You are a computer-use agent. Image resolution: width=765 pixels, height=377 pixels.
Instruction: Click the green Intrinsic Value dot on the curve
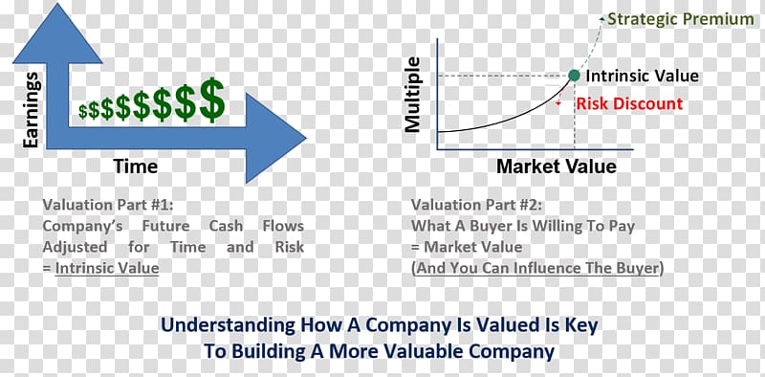(575, 76)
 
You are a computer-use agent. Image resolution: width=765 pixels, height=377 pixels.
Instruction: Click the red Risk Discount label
(629, 103)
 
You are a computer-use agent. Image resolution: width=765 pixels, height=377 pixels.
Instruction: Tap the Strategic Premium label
(681, 19)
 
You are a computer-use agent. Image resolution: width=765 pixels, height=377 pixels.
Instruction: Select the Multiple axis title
(413, 95)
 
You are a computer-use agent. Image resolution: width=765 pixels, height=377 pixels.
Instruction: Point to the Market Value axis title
(557, 166)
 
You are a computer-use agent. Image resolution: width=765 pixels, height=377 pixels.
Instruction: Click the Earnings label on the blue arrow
(31, 109)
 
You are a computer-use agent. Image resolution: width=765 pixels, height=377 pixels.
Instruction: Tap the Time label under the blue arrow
(136, 166)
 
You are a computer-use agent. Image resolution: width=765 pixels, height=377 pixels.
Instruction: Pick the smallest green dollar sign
(83, 111)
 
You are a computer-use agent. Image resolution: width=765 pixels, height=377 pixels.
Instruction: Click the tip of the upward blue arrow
(57, 4)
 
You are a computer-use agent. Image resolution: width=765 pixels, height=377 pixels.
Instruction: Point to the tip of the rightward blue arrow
(306, 138)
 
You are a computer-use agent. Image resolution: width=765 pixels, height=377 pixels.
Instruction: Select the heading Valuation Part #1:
(108, 205)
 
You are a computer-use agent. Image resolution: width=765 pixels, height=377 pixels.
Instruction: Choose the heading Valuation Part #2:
(476, 205)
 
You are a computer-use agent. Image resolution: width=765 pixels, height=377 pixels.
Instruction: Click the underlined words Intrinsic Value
(107, 268)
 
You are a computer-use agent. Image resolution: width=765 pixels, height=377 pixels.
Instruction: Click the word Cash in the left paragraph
(226, 226)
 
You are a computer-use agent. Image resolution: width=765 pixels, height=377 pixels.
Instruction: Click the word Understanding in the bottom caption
(229, 325)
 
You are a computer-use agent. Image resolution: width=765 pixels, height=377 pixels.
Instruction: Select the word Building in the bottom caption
(273, 351)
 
